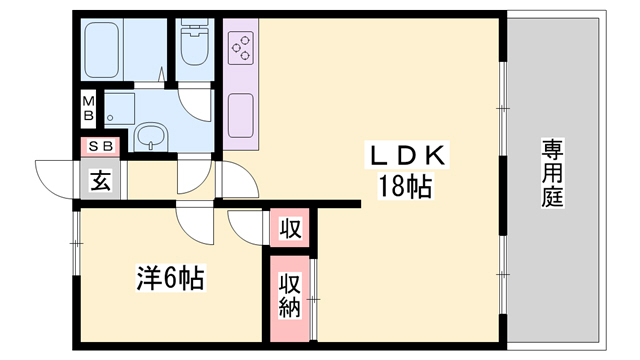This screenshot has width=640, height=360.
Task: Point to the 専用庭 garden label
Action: click(552, 173)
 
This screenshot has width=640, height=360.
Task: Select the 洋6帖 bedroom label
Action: click(170, 278)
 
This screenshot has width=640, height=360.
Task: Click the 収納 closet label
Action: click(289, 297)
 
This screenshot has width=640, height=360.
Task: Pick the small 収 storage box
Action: click(289, 229)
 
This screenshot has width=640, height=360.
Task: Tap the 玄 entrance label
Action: click(100, 182)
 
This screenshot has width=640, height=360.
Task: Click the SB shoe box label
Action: click(100, 147)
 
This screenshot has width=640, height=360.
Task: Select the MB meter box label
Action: click(88, 108)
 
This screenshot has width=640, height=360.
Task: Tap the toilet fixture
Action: click(194, 43)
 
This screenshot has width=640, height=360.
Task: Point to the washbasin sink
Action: click(151, 136)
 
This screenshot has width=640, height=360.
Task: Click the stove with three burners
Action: click(242, 46)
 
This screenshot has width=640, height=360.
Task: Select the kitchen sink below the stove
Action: click(242, 114)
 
